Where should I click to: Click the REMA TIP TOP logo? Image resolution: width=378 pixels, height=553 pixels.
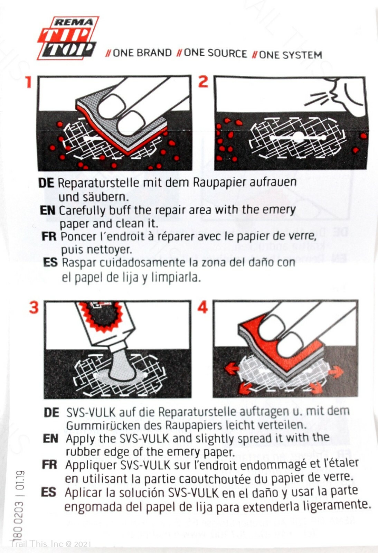tap(68, 38)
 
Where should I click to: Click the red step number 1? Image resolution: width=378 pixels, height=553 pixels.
tap(29, 82)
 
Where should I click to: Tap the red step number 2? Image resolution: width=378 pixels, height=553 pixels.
tap(203, 81)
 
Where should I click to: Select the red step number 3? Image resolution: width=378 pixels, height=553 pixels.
tap(34, 307)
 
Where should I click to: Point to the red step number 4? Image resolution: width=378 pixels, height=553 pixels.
tap(202, 307)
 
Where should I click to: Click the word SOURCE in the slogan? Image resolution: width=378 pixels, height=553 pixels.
tap(215, 54)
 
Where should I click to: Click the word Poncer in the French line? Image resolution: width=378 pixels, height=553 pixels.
tap(76, 237)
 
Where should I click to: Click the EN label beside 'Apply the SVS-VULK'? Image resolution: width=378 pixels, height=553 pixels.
tap(50, 439)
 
